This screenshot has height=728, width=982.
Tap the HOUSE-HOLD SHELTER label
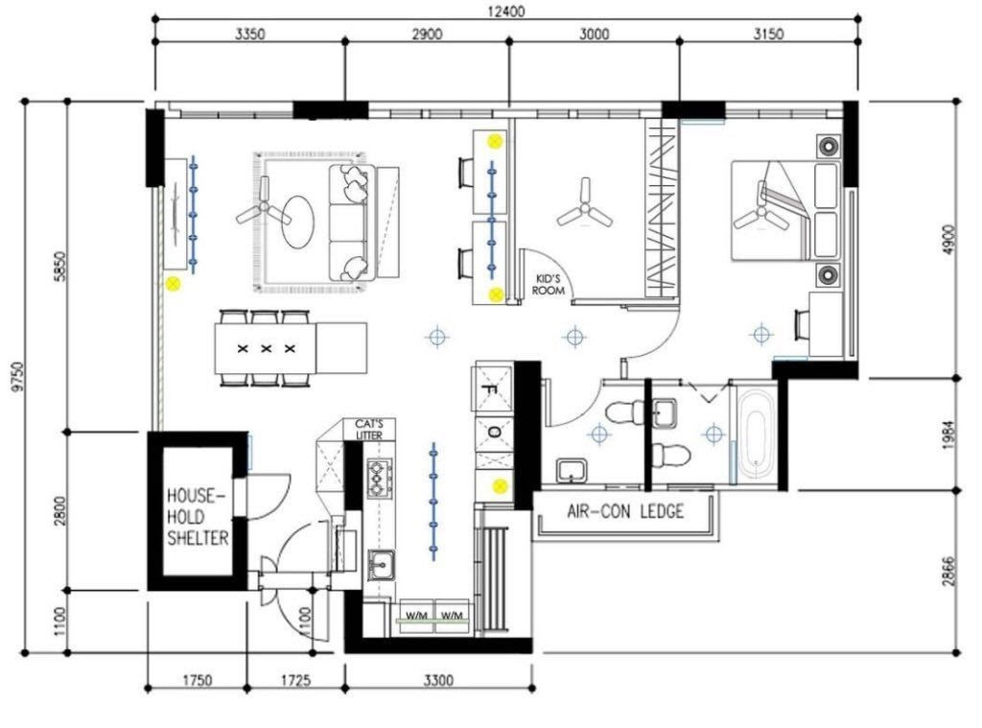(198, 517)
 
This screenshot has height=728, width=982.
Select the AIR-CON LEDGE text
(625, 511)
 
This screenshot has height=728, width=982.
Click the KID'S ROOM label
(548, 285)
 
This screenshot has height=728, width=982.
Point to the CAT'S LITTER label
(369, 430)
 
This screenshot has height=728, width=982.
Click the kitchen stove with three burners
(380, 477)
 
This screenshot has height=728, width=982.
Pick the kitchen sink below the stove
(381, 565)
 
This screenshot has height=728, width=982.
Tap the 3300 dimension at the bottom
(438, 679)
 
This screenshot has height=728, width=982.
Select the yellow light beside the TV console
(173, 284)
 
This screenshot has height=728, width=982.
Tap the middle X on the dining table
(267, 348)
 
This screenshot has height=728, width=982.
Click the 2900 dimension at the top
(427, 34)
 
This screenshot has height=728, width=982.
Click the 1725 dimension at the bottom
(295, 679)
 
